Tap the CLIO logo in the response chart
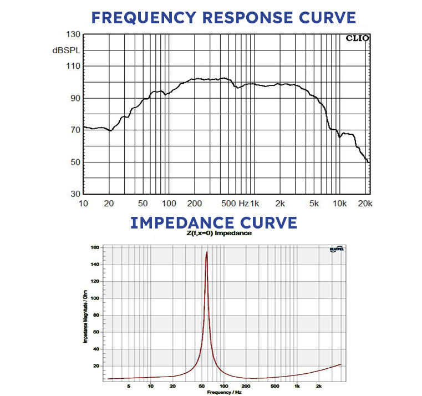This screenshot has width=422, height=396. [357, 39]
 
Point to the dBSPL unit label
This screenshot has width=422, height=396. [66, 50]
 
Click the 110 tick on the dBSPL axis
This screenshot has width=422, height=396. [73, 66]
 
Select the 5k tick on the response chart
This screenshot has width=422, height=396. [314, 204]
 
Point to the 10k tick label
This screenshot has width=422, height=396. [340, 204]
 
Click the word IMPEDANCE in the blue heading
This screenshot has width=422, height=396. [180, 223]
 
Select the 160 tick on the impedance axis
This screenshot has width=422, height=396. [95, 247]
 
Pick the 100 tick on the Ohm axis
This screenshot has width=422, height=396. [95, 298]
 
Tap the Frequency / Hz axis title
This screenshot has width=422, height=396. [224, 392]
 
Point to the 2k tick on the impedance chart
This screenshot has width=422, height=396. [319, 385]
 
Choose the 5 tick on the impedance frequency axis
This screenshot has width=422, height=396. [128, 385]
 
